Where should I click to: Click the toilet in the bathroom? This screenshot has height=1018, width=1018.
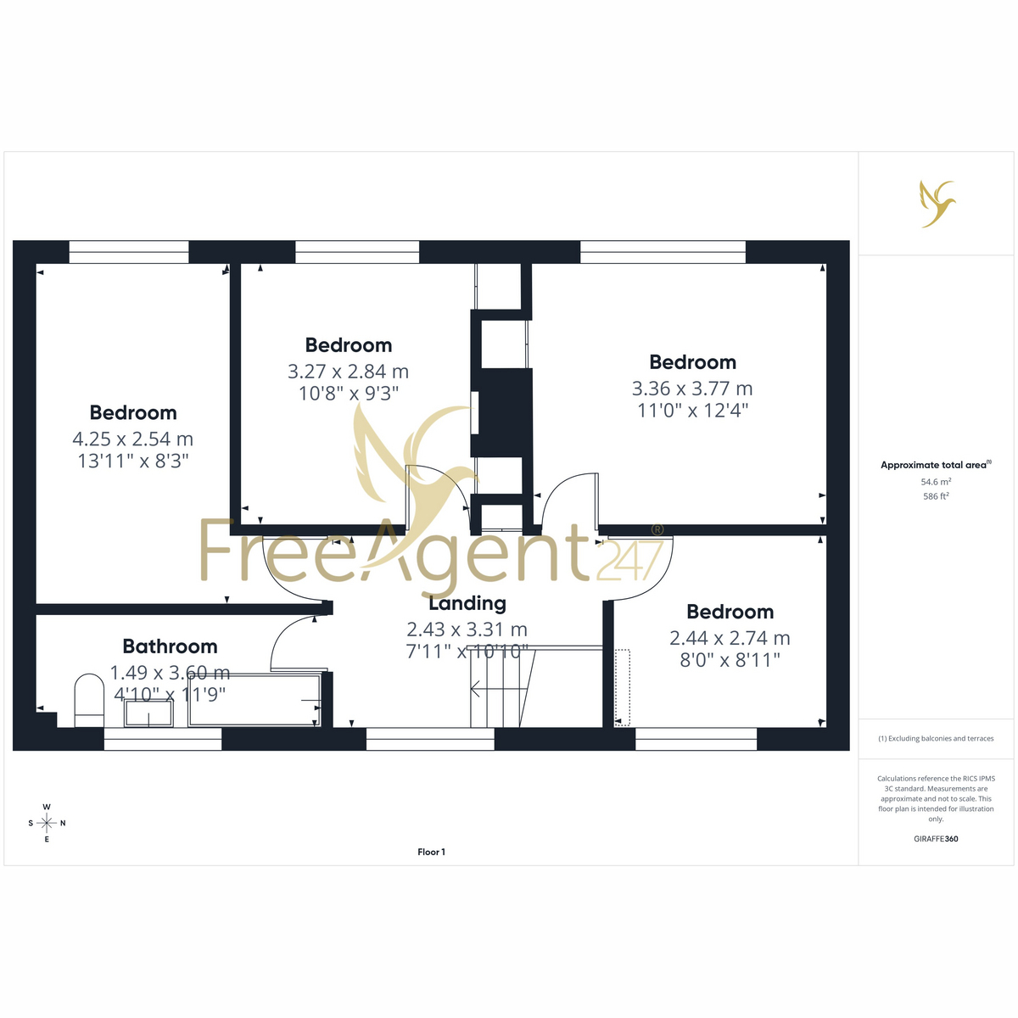pyautogui.click(x=89, y=701)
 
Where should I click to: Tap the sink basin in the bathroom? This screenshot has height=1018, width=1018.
pyautogui.click(x=148, y=713)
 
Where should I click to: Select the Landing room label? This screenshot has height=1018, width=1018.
pyautogui.click(x=467, y=603)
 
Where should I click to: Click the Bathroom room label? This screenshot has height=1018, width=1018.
pyautogui.click(x=171, y=646)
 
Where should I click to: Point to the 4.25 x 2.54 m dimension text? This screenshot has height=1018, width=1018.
pyautogui.click(x=132, y=439)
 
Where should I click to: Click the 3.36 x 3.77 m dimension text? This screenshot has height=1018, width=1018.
pyautogui.click(x=692, y=389)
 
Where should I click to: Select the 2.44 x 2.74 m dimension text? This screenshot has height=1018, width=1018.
pyautogui.click(x=730, y=638)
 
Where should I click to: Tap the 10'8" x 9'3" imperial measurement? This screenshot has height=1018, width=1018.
pyautogui.click(x=348, y=394)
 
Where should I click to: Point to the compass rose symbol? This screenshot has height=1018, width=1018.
pyautogui.click(x=47, y=823)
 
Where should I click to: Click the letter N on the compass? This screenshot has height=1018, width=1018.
pyautogui.click(x=63, y=823)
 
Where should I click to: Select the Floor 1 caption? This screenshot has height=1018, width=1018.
pyautogui.click(x=431, y=852)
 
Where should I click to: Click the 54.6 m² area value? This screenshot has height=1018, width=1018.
pyautogui.click(x=936, y=482)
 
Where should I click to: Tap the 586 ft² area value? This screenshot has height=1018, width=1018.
pyautogui.click(x=936, y=496)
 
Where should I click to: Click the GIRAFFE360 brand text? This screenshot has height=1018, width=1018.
pyautogui.click(x=936, y=838)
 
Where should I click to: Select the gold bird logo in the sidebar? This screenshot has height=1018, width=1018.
pyautogui.click(x=936, y=204)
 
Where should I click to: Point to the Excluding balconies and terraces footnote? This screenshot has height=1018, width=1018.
pyautogui.click(x=936, y=739)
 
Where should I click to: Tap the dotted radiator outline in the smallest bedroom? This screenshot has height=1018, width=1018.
pyautogui.click(x=623, y=687)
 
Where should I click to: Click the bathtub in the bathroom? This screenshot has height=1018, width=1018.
pyautogui.click(x=255, y=699)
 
